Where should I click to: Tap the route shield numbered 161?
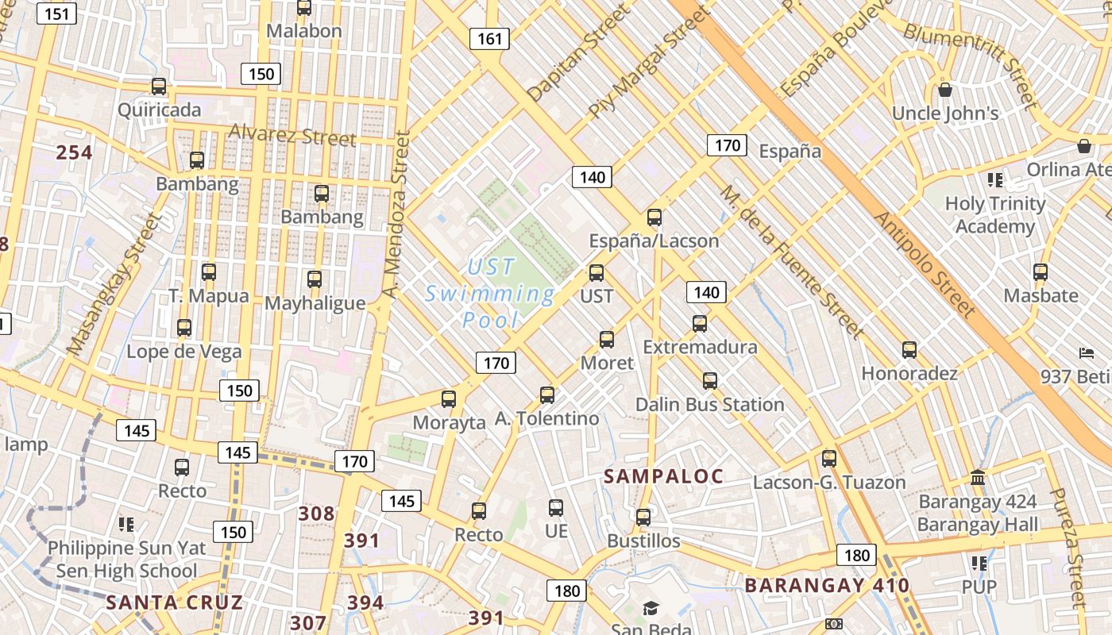[x=488, y=38]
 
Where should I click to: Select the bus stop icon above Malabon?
[x=304, y=8]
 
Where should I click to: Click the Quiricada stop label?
[x=159, y=110]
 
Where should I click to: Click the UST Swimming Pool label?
[x=490, y=294]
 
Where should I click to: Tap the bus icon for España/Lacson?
[x=654, y=217]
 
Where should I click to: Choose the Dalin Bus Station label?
[x=709, y=404]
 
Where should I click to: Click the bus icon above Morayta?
[x=449, y=399]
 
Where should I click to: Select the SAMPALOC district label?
[x=663, y=476]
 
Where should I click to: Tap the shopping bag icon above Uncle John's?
[x=945, y=90]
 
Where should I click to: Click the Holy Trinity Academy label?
[x=994, y=215]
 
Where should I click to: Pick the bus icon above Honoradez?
[x=909, y=350]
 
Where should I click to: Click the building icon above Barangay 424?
[x=978, y=479]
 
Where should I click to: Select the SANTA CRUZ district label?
[x=175, y=602]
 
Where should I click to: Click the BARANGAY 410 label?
[x=827, y=586]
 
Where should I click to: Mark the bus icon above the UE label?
[x=556, y=508]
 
